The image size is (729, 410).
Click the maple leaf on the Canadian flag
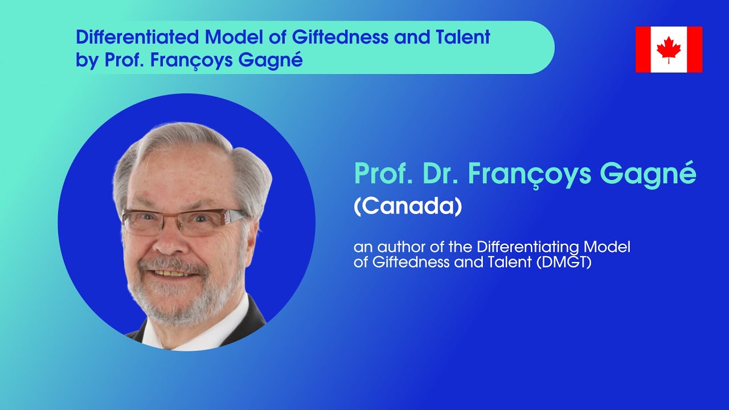tap(669, 49)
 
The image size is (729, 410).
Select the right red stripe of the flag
tap(694, 49)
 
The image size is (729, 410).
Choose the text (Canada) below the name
tap(407, 206)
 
